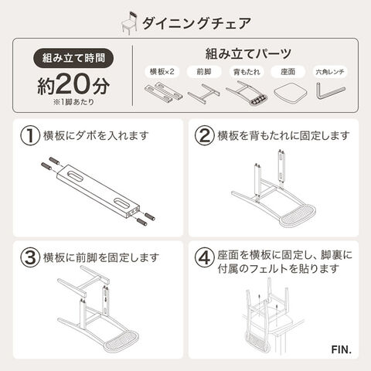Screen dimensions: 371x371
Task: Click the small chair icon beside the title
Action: (x=129, y=23)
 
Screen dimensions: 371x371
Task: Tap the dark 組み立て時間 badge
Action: (x=73, y=58)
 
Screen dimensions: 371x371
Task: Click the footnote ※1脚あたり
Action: (x=73, y=102)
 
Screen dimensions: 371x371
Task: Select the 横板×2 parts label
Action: (x=162, y=72)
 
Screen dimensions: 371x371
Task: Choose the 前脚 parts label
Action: (x=204, y=72)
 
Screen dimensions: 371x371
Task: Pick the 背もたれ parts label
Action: (x=247, y=72)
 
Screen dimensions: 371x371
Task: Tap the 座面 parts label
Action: (x=288, y=72)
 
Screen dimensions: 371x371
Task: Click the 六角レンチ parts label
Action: (x=330, y=72)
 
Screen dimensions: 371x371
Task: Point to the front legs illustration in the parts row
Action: (x=204, y=94)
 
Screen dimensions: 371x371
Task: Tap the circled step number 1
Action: (x=30, y=135)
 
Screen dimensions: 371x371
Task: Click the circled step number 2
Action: (x=205, y=135)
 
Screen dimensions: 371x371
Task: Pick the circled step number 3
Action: (x=30, y=257)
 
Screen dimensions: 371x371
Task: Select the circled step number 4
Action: (x=205, y=257)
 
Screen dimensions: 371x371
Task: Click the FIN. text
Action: (x=342, y=349)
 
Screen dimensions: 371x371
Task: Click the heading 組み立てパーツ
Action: (x=248, y=53)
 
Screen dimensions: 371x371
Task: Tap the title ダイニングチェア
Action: (x=196, y=23)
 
